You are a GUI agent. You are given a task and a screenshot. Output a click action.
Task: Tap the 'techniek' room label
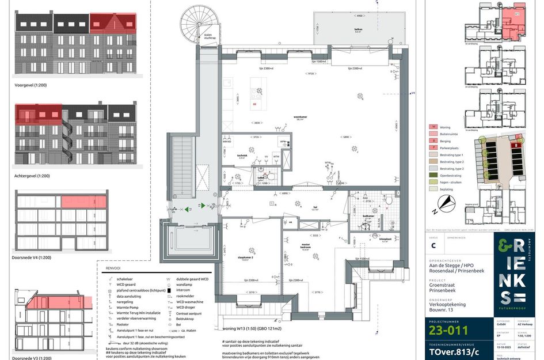click(x=242, y=155)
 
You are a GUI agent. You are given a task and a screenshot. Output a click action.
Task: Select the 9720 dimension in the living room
click(x=311, y=74)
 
